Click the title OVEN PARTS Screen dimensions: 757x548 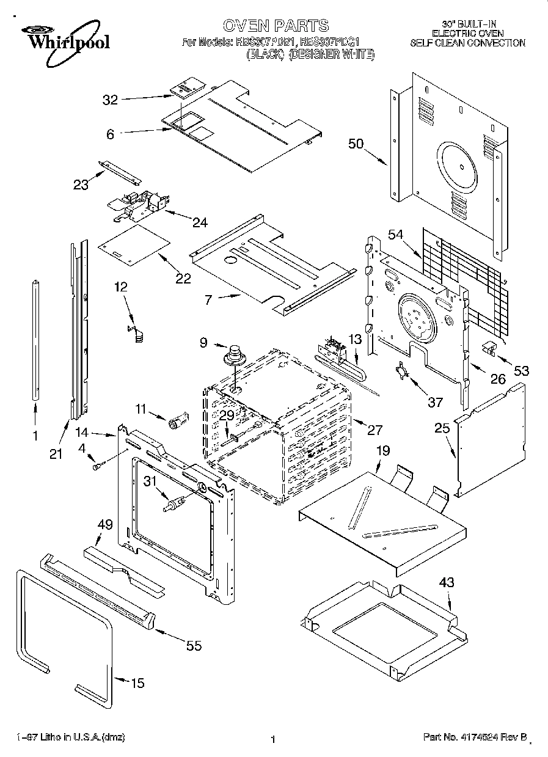(x=276, y=26)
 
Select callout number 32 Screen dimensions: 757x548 (x=110, y=100)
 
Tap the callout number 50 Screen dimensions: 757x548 (x=356, y=144)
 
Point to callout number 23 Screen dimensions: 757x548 (x=81, y=184)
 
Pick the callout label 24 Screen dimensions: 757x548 (x=200, y=222)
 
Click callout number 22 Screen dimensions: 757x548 (x=183, y=279)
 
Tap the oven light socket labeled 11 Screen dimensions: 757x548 (x=178, y=421)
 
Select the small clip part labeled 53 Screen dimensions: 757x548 (x=489, y=348)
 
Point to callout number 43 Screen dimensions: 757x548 (x=447, y=583)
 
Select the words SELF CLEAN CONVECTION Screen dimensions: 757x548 (x=467, y=43)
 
